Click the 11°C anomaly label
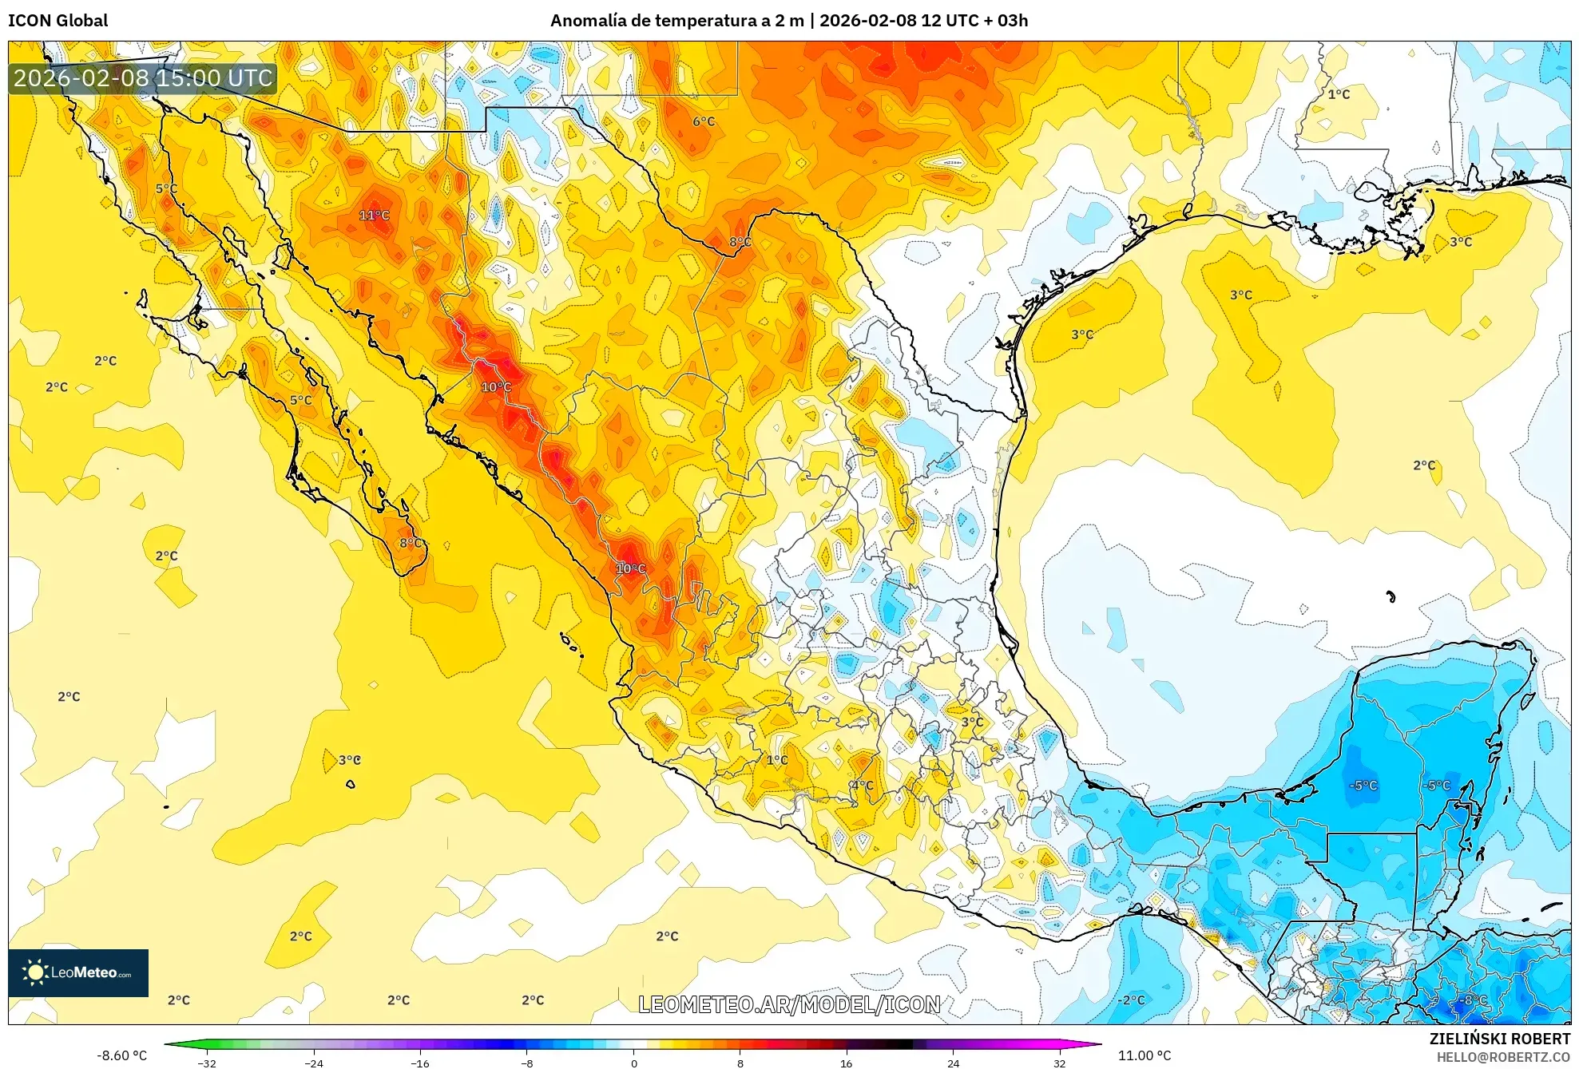pos(374,215)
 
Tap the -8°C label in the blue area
pos(1474,1000)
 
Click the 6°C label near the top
pos(704,121)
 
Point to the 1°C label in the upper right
pos(1339,94)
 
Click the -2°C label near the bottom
pos(1131,1000)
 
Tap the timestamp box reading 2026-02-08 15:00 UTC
pos(143,78)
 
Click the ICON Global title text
pos(58,21)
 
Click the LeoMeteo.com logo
pos(78,972)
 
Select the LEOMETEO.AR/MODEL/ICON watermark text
pos(789,1004)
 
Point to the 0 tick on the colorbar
pos(634,1063)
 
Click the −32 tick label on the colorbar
pos(207,1063)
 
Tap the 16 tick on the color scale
pos(847,1063)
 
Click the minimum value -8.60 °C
pos(121,1055)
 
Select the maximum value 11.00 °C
pos(1144,1055)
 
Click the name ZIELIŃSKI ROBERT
pos(1499,1039)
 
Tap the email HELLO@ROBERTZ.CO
pos(1503,1057)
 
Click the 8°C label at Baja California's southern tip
pos(411,543)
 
